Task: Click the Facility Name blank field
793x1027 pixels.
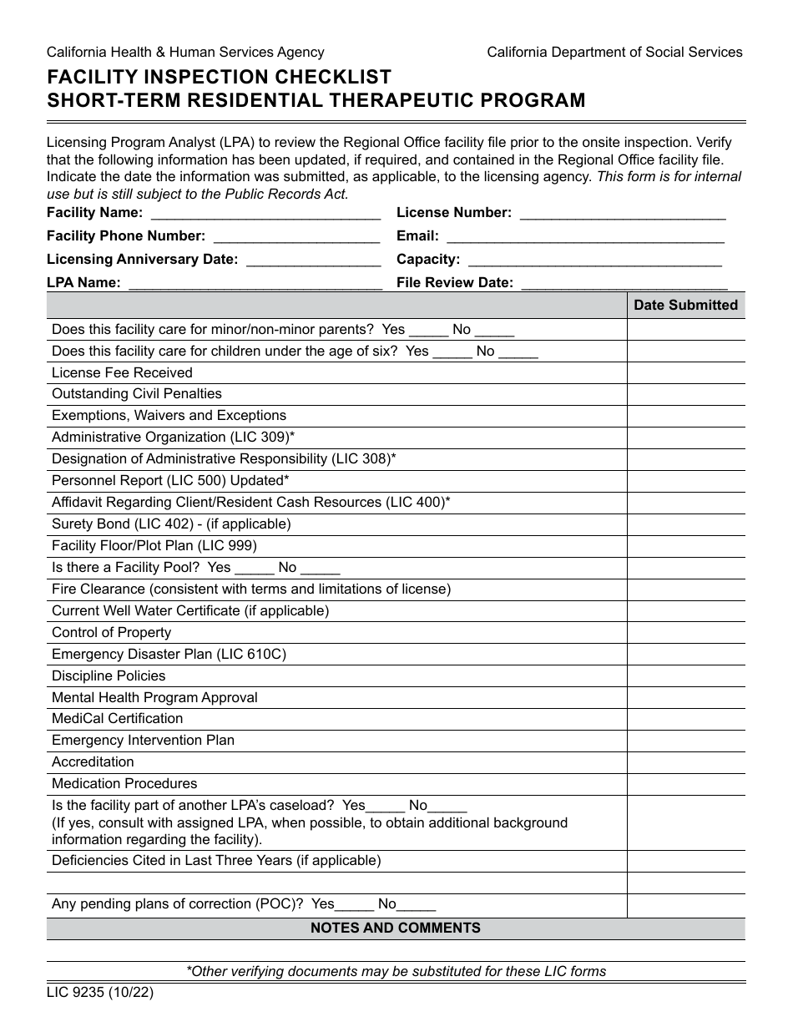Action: point(265,214)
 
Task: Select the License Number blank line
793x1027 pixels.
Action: point(622,214)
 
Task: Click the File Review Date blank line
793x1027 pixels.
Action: point(624,284)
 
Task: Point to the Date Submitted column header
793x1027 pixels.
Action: point(685,306)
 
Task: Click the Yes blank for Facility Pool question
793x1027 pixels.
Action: point(255,569)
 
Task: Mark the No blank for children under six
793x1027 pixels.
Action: point(518,352)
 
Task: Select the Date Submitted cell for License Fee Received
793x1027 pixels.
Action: point(685,373)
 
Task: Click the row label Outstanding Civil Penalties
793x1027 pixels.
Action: point(137,394)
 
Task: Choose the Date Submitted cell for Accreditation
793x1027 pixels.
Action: point(685,762)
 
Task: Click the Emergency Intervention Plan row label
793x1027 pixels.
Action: point(143,741)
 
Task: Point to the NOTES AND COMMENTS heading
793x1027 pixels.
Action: point(396,928)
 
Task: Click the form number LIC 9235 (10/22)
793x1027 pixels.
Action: point(100,994)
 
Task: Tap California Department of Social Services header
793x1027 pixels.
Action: point(614,53)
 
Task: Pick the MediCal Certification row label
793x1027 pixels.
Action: point(117,719)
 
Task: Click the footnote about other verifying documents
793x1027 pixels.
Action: point(396,972)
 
